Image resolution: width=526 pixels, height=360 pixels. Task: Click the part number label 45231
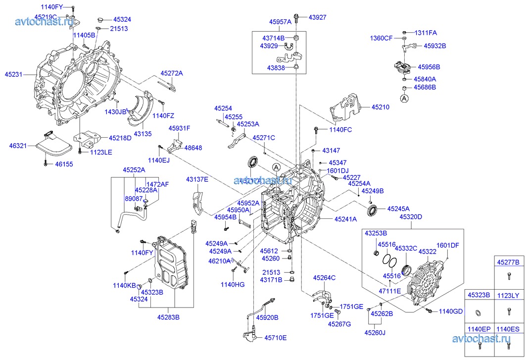[x=13, y=74]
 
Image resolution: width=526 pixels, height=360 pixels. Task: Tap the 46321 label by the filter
[x=17, y=146]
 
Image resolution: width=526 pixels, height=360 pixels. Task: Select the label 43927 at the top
[x=318, y=17]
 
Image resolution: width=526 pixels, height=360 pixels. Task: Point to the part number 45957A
[x=280, y=22]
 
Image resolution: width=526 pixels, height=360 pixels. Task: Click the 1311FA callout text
[x=426, y=33]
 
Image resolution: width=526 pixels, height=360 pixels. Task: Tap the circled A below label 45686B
[x=404, y=99]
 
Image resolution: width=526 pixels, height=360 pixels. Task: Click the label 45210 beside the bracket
[x=381, y=106]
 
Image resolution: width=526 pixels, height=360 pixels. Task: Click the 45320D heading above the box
[x=411, y=216]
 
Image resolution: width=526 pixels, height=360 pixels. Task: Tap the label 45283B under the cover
[x=168, y=317]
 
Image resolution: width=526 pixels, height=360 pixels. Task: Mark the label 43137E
[x=197, y=179]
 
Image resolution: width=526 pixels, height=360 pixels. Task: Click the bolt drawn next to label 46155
[x=46, y=163]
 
